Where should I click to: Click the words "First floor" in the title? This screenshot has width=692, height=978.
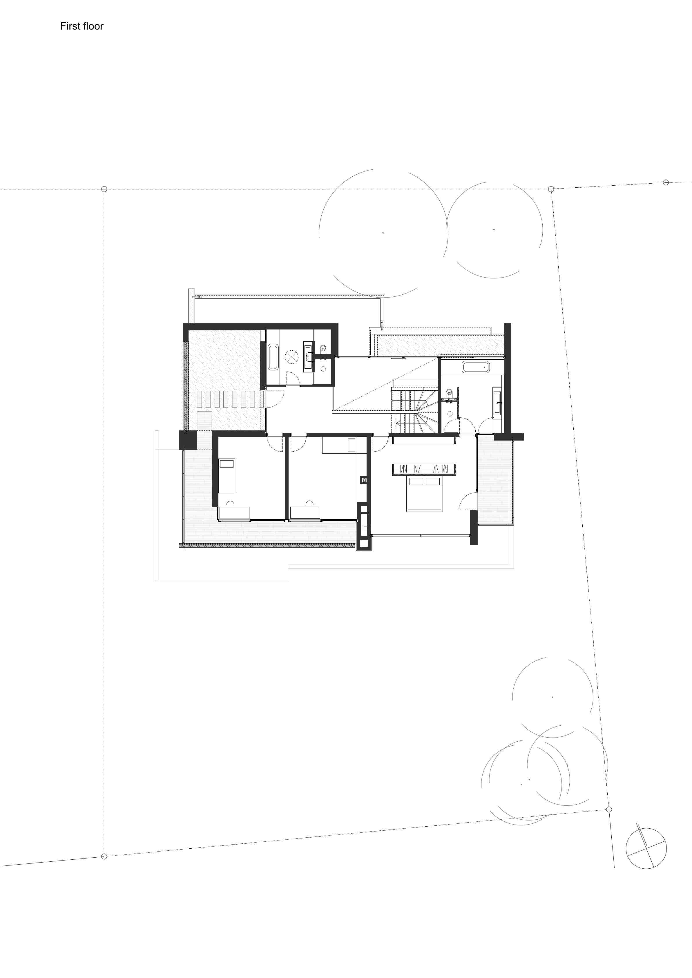click(81, 26)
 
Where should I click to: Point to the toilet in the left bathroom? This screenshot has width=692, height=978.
click(323, 348)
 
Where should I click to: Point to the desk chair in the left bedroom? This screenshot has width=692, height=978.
click(231, 503)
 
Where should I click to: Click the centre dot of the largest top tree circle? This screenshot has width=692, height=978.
click(383, 233)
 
